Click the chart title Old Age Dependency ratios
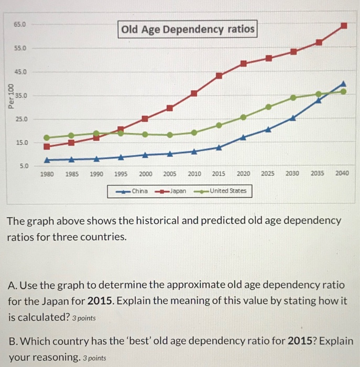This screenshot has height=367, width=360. click(188, 29)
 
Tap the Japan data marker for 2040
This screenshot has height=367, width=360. click(344, 25)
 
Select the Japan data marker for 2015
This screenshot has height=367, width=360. click(219, 75)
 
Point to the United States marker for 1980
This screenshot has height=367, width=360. click(47, 137)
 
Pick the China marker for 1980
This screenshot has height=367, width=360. click(47, 159)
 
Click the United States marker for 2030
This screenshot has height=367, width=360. click(293, 98)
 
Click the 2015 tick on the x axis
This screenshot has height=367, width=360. click(219, 174)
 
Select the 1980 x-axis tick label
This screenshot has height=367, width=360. click(47, 174)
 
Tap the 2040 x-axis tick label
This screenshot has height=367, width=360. click(342, 174)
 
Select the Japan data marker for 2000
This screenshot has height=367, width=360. click(145, 119)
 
